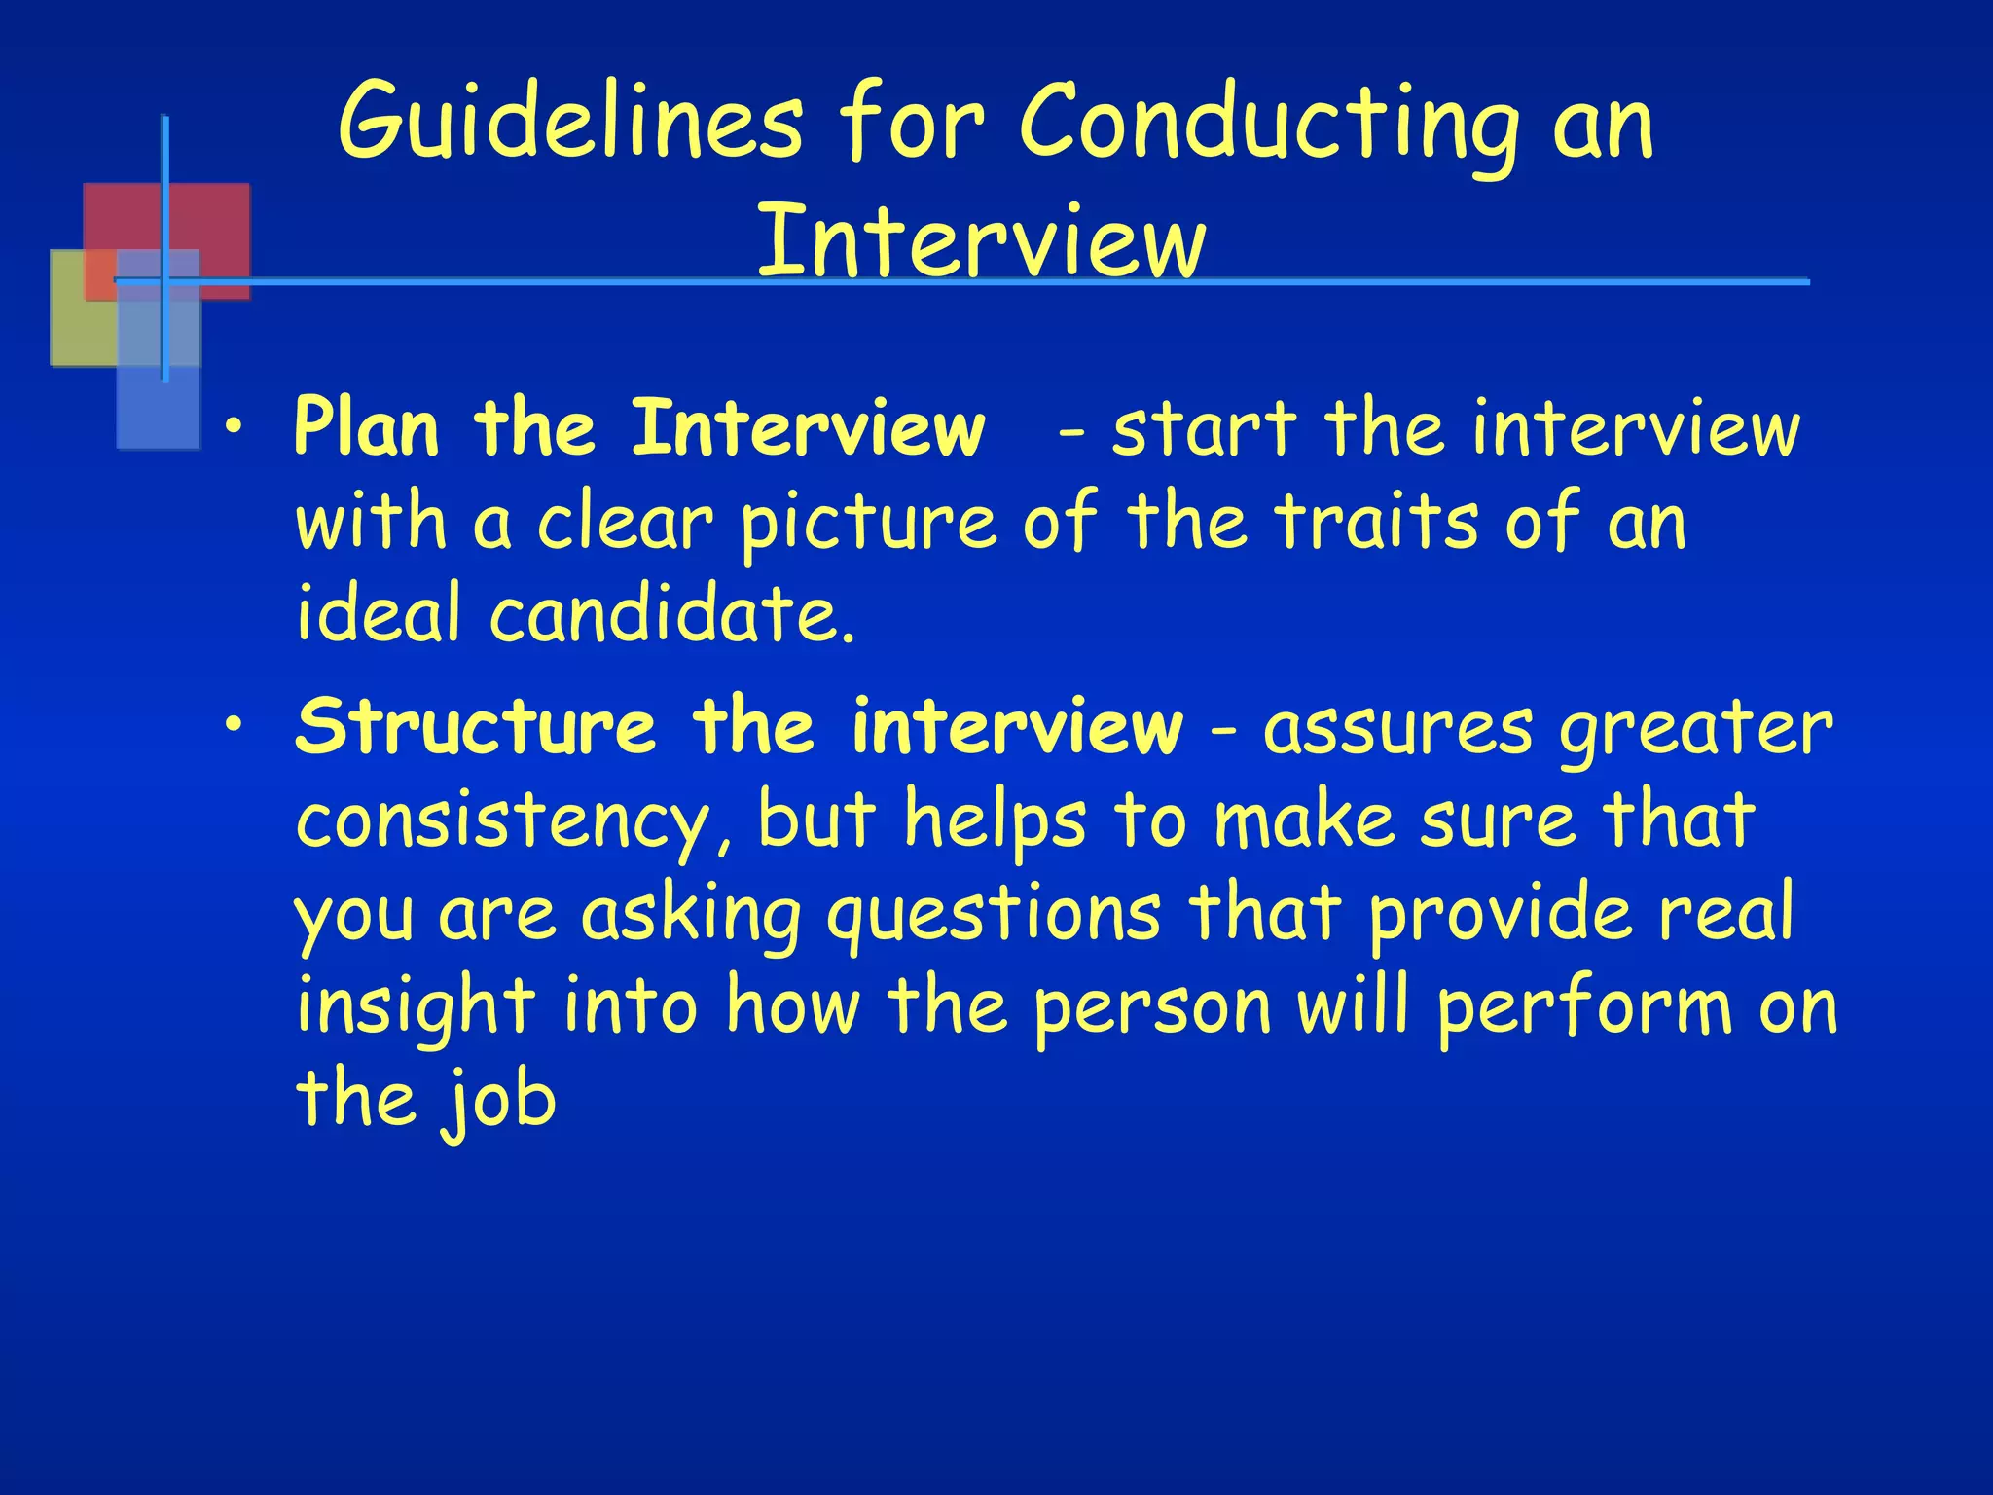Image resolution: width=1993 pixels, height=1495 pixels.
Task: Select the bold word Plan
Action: click(367, 428)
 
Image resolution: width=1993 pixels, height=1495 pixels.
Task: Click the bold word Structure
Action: click(476, 726)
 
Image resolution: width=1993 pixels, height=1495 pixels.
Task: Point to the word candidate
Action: click(672, 615)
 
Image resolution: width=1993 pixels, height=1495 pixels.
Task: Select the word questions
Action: click(994, 916)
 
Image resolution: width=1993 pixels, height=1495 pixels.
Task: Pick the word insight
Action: click(416, 1008)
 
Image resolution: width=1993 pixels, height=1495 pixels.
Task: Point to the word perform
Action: click(1586, 1008)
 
